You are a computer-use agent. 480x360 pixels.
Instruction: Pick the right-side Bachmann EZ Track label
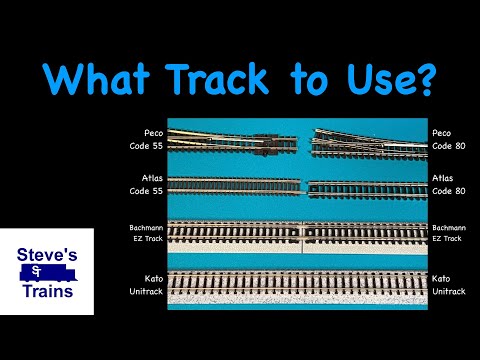tap(447, 233)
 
